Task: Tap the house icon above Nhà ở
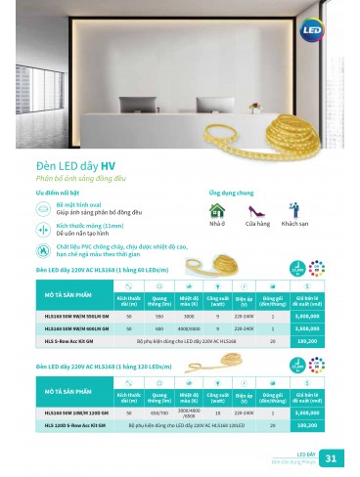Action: pos(217,210)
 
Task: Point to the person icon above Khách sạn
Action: pos(294,210)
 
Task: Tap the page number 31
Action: pos(330,458)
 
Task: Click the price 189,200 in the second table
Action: pos(306,427)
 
